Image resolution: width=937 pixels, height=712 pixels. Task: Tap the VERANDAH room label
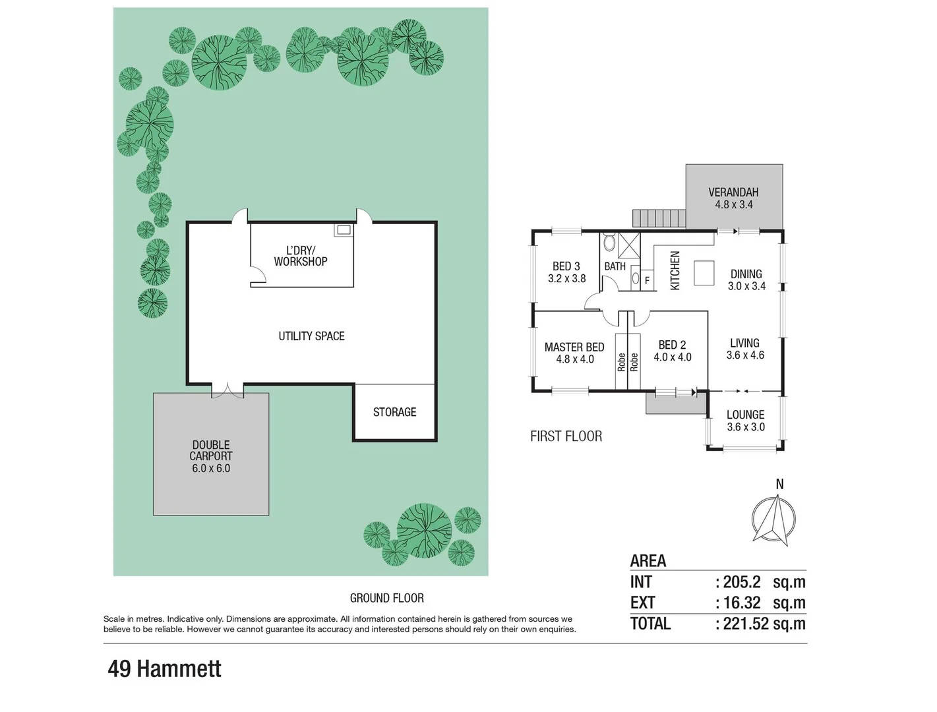pos(733,193)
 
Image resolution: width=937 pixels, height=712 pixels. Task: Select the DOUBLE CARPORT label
pos(211,450)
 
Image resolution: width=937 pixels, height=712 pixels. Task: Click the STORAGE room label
pos(394,412)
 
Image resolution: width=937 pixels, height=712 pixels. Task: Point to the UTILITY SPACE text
pos(311,336)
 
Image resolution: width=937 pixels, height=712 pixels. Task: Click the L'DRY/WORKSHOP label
pos(301,256)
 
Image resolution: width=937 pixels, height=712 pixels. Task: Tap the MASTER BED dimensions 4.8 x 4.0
pos(574,359)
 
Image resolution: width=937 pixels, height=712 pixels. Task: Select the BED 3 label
pos(566,266)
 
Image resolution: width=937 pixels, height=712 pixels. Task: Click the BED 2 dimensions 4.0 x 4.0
pos(672,357)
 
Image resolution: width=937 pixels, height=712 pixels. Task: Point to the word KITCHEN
pos(675,270)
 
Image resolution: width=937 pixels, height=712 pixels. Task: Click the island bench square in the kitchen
pos(704,273)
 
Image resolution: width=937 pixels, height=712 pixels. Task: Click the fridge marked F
pos(647,280)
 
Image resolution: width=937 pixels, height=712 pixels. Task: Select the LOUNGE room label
pos(745,415)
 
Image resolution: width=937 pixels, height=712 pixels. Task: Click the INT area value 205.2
pos(742,582)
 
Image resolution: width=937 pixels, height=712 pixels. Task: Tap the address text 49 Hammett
pos(164,669)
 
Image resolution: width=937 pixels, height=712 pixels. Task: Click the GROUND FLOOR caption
pos(386,598)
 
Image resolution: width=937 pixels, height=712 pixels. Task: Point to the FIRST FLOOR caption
pos(566,436)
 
